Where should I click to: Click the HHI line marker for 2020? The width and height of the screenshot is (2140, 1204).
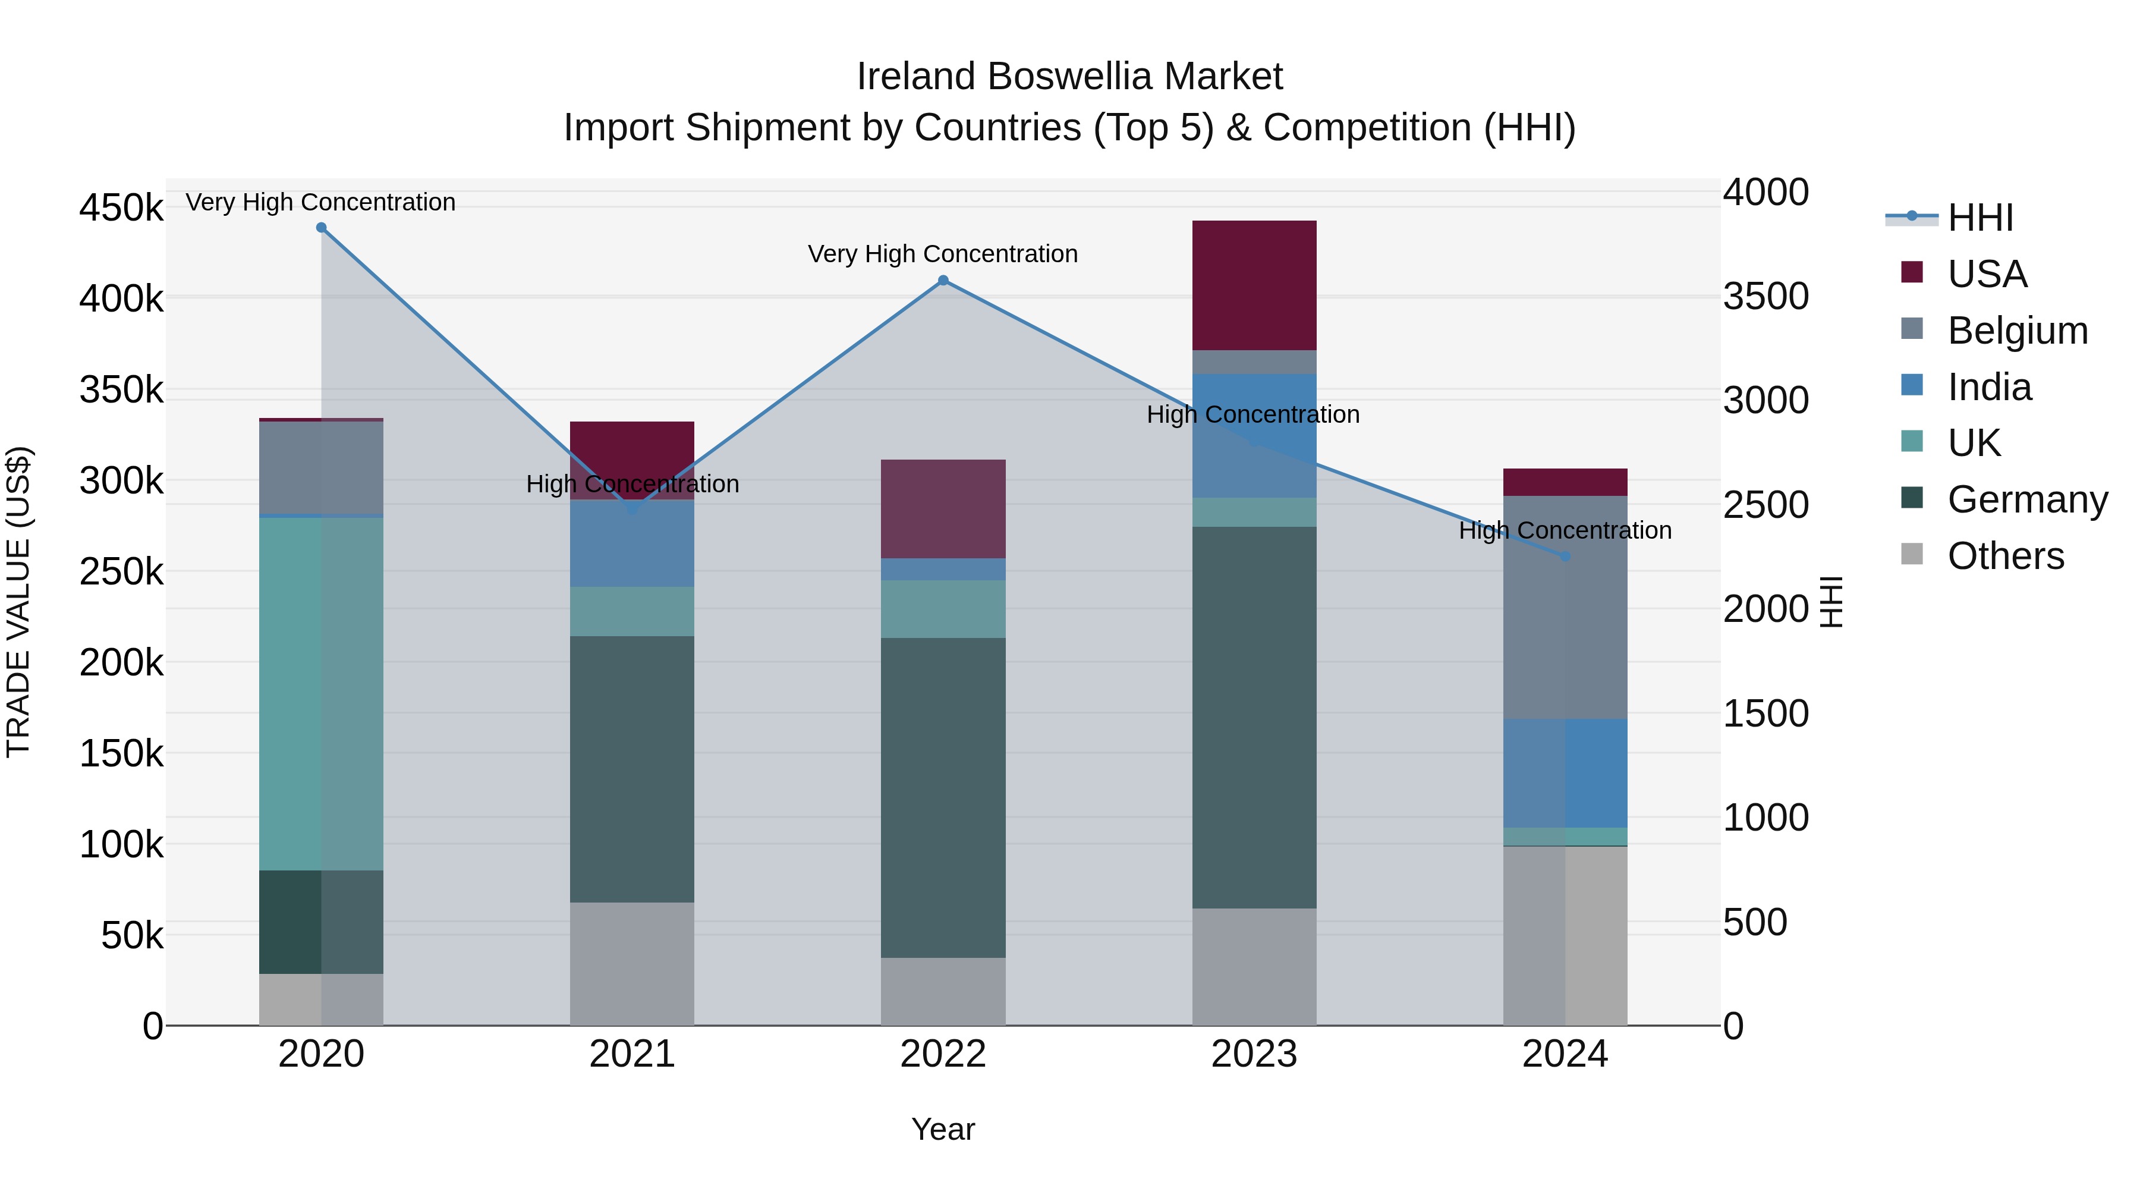(322, 228)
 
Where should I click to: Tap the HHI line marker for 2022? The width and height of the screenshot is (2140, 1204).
(943, 281)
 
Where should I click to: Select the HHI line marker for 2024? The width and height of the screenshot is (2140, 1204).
(1565, 557)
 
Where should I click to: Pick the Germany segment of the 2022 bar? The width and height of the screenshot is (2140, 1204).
(943, 798)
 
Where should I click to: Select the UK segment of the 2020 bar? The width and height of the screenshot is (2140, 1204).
(322, 694)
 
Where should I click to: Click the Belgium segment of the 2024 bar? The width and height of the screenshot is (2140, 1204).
(1565, 606)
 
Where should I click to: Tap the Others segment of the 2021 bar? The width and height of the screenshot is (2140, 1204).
(632, 964)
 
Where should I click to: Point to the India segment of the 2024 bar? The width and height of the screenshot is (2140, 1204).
(1565, 773)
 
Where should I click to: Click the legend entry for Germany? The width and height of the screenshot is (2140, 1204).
(2027, 499)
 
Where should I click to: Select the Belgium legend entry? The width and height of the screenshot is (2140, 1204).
(2017, 330)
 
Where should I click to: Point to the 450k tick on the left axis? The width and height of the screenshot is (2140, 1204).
(121, 208)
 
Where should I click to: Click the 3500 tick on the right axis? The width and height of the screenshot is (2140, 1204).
(1765, 297)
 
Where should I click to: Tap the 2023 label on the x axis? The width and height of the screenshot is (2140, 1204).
(1254, 1054)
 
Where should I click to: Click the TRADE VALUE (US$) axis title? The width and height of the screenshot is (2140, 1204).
(18, 602)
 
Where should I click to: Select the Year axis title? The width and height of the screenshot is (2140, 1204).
(943, 1129)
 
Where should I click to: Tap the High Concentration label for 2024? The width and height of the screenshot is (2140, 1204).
(1565, 530)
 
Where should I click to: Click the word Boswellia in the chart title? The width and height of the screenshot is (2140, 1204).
(1069, 77)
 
